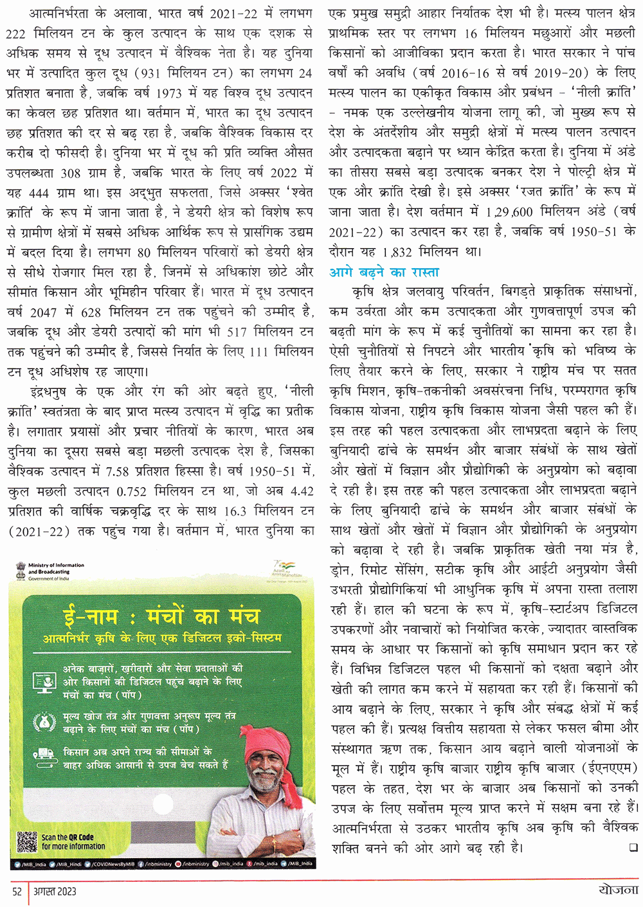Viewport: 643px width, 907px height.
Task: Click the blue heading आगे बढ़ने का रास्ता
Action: pyautogui.click(x=384, y=272)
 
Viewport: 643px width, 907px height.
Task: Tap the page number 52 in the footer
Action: pyautogui.click(x=17, y=891)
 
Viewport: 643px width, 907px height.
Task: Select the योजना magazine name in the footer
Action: pyautogui.click(x=617, y=890)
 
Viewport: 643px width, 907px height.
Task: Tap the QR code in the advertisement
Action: pyautogui.click(x=26, y=841)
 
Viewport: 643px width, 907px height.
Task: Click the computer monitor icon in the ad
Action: pyautogui.click(x=46, y=681)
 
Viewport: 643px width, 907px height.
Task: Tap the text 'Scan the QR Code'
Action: pyautogui.click(x=68, y=837)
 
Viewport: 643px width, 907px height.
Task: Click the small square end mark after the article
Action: pyautogui.click(x=632, y=847)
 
